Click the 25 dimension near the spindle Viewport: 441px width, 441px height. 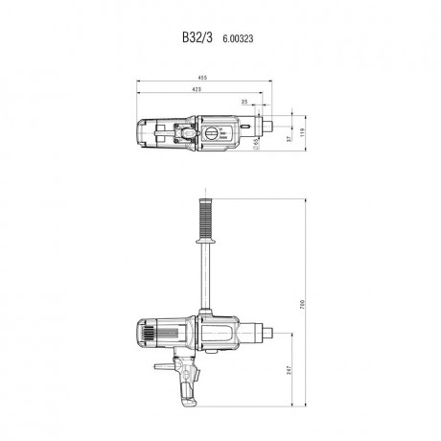244,101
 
